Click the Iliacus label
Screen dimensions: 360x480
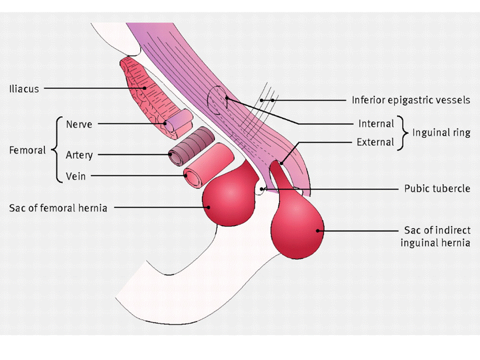[x=23, y=89]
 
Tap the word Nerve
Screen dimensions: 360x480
[x=79, y=123]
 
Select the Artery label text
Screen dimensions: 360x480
[x=79, y=155]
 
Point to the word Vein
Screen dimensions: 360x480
[x=75, y=176]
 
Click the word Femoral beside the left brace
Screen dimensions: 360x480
[x=27, y=150]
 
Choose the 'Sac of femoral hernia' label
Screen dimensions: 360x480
[x=58, y=207]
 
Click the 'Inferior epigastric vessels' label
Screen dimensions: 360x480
[x=410, y=100]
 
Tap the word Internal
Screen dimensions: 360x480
[x=376, y=123]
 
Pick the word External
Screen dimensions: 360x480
[x=375, y=142]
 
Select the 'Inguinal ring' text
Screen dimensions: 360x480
[x=441, y=132]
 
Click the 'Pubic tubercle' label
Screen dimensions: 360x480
[x=437, y=189]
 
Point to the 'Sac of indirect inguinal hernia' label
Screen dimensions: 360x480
[x=437, y=236]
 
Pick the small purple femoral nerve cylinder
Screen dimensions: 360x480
[x=178, y=120]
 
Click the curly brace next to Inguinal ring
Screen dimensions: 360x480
[x=406, y=133]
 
